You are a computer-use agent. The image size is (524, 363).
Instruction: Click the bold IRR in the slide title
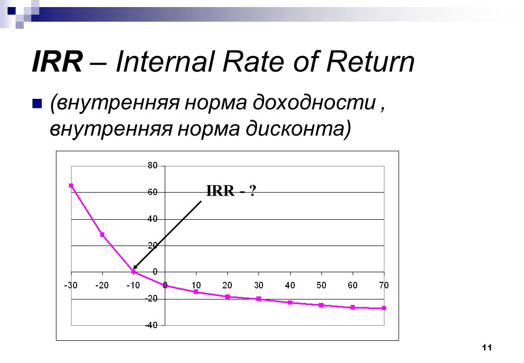pos(57,62)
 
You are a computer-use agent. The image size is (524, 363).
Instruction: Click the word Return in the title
pos(370,62)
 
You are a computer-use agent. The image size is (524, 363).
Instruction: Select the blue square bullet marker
pos(37,104)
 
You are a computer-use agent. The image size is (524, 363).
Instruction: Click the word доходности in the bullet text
pos(314,102)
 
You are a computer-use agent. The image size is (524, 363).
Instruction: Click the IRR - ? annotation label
pos(231,191)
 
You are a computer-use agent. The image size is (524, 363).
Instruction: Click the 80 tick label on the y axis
pos(152,165)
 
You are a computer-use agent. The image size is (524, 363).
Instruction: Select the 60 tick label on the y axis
pos(152,192)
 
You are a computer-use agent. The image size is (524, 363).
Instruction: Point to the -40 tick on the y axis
pos(151,325)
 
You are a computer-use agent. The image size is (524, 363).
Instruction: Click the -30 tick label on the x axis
pos(71,285)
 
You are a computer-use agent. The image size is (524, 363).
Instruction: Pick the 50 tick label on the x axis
pos(321,285)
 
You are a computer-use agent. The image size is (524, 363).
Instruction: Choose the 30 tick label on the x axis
pos(258,285)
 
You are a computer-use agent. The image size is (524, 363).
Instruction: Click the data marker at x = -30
pos(71,186)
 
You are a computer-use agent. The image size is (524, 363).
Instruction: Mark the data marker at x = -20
pos(102,234)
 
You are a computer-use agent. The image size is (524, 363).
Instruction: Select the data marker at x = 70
pos(384,308)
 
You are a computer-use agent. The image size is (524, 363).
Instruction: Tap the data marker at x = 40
pos(290,302)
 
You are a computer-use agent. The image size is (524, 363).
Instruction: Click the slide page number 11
pos(487,348)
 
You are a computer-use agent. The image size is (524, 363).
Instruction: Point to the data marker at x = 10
pos(196,292)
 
